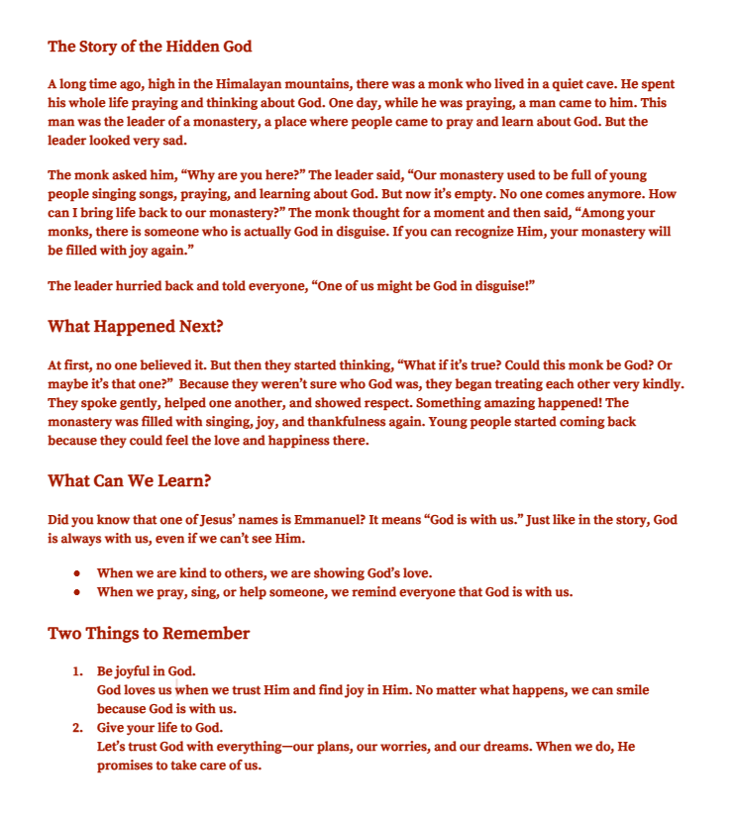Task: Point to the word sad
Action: pos(162,140)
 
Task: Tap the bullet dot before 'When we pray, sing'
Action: pos(76,593)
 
